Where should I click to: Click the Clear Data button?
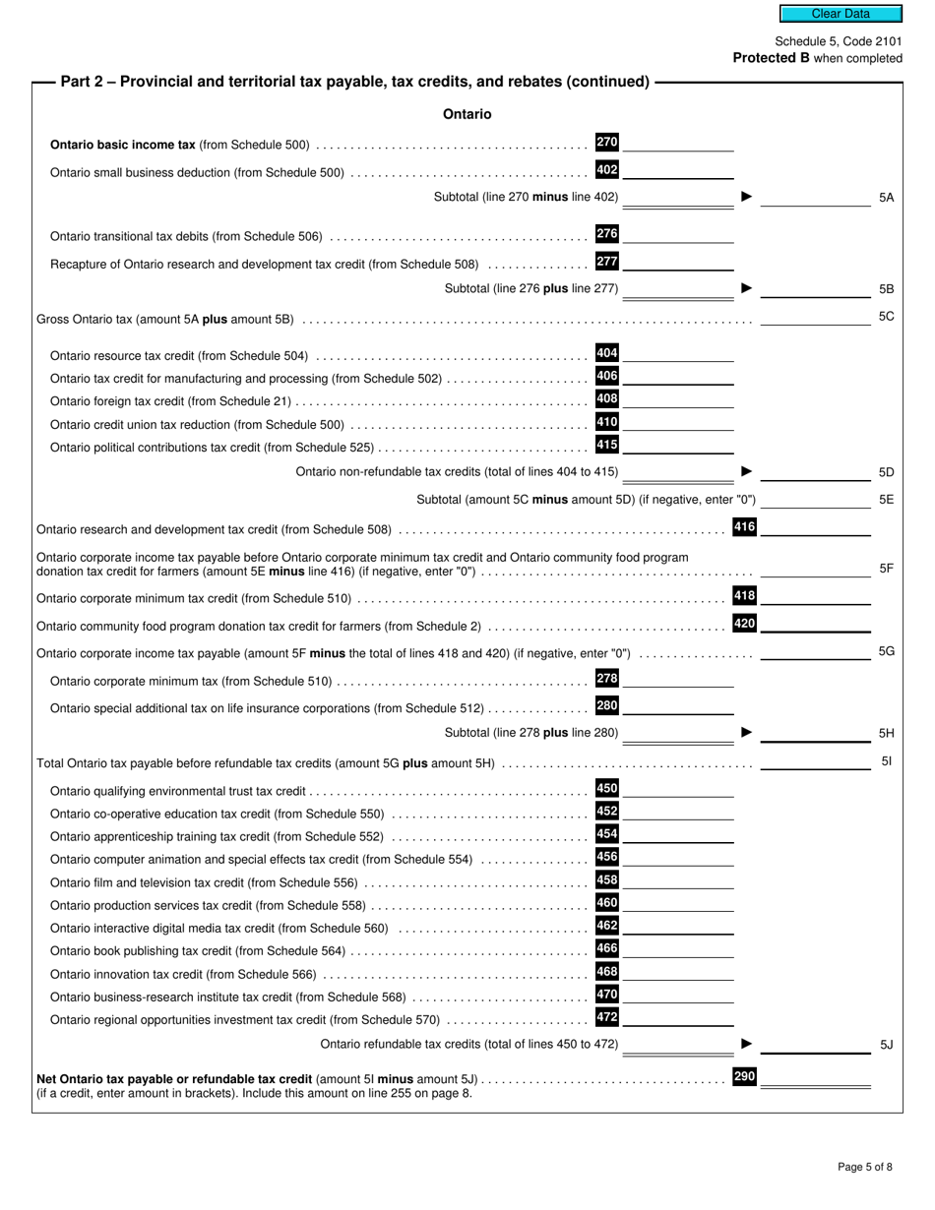(841, 14)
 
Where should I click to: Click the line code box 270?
(607, 143)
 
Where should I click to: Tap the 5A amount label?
(886, 198)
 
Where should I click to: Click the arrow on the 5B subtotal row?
(746, 288)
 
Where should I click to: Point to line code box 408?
(607, 399)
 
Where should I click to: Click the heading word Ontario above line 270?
(467, 114)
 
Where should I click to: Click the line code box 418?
(745, 596)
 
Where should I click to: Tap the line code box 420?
(745, 624)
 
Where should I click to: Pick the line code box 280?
(607, 705)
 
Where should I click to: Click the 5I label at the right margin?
(886, 761)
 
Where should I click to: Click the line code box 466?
(607, 948)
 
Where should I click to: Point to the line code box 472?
(607, 1017)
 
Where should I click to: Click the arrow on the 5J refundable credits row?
(746, 1044)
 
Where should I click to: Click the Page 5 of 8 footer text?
(865, 1167)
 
